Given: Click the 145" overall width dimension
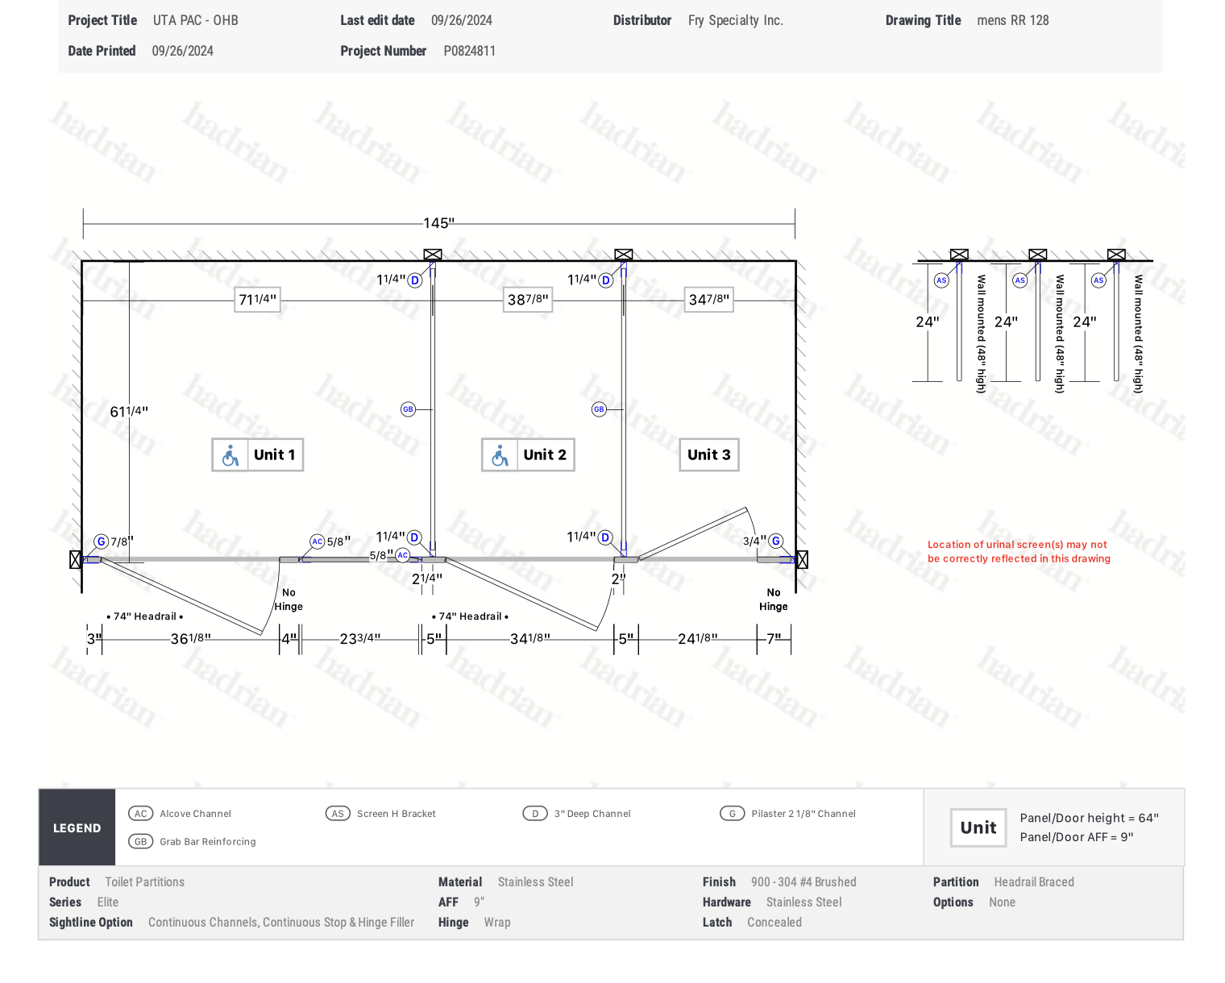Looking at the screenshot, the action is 438,223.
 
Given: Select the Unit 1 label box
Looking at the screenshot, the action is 257,454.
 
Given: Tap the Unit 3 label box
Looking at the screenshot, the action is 708,454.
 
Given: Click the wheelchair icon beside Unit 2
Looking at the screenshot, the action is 499,455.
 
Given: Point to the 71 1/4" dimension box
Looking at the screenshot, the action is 257,300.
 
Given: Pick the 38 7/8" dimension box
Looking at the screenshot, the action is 528,300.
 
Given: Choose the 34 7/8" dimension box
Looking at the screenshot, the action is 708,300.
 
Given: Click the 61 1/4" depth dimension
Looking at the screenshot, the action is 129,411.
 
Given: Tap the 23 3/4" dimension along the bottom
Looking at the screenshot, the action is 359,639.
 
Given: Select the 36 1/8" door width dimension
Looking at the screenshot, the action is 190,639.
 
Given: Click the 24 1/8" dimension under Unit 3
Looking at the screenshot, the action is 697,639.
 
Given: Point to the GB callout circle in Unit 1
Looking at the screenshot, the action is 408,409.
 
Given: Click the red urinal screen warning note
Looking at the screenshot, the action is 1019,551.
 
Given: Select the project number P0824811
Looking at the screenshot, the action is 469,51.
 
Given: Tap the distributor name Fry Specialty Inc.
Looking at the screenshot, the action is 735,20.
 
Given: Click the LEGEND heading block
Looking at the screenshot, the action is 77,827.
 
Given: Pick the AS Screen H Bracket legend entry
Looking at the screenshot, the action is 380,813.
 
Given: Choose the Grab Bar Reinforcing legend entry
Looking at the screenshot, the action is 192,841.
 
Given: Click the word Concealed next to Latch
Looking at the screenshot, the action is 774,922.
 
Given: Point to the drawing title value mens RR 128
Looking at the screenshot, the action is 1013,20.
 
